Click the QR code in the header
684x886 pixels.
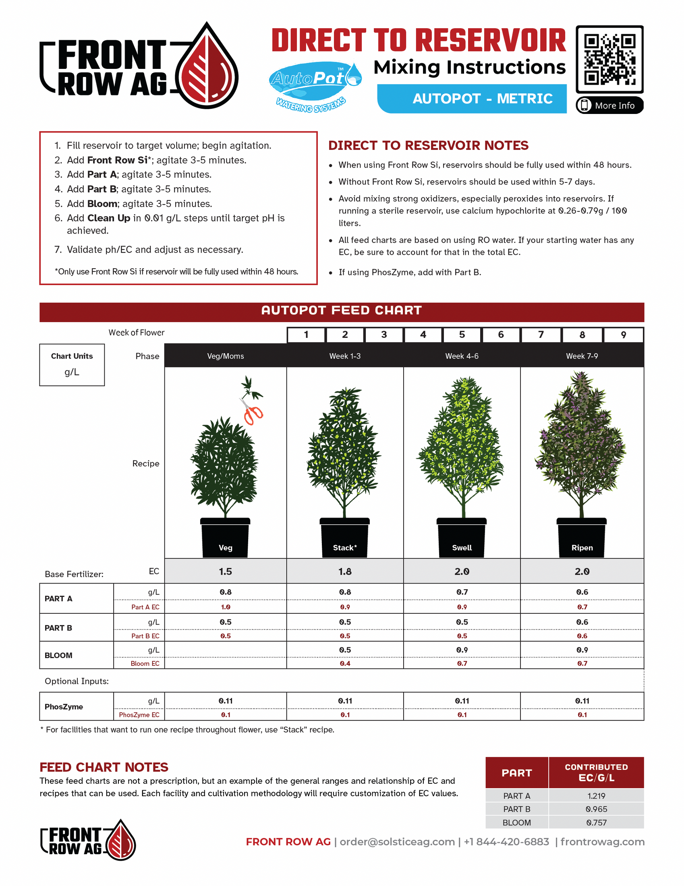[609, 59]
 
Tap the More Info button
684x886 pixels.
[609, 106]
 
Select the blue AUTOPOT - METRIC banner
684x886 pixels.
[472, 99]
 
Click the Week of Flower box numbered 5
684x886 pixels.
[462, 335]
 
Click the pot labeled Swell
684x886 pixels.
[462, 538]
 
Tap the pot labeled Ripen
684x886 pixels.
[581, 538]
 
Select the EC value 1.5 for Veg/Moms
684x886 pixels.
[226, 571]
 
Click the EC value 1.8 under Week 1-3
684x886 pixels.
[345, 571]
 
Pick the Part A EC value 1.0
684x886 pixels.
[226, 607]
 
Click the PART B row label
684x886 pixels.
[58, 627]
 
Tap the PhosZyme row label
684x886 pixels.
[64, 706]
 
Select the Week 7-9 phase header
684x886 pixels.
[582, 356]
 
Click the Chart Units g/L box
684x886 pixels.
[72, 364]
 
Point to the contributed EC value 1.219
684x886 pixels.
[596, 795]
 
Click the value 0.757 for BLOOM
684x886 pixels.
[596, 822]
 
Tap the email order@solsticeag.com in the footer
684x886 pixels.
[397, 842]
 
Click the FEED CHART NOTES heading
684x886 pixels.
[104, 767]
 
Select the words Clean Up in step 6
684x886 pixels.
[109, 218]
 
